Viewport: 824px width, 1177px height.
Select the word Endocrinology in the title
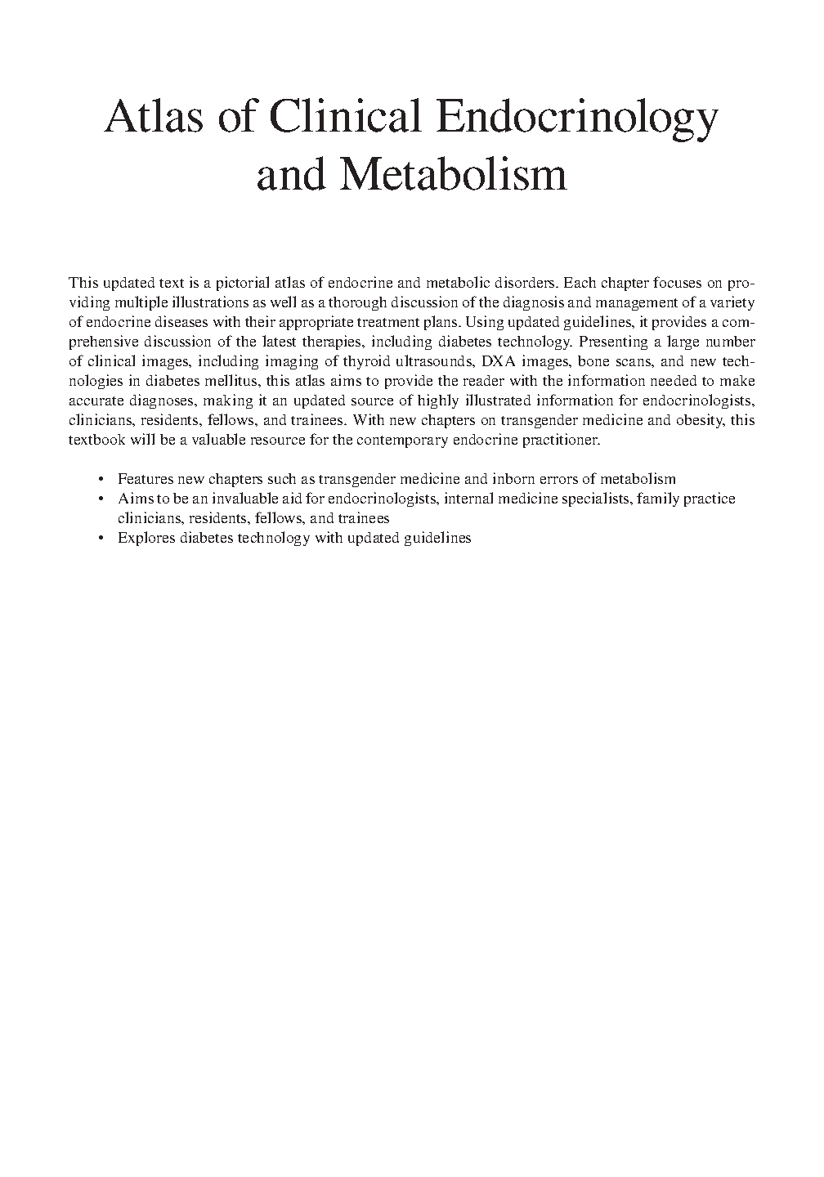(576, 119)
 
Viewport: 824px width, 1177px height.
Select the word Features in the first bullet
(144, 479)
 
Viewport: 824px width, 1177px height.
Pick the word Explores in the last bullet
(145, 538)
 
